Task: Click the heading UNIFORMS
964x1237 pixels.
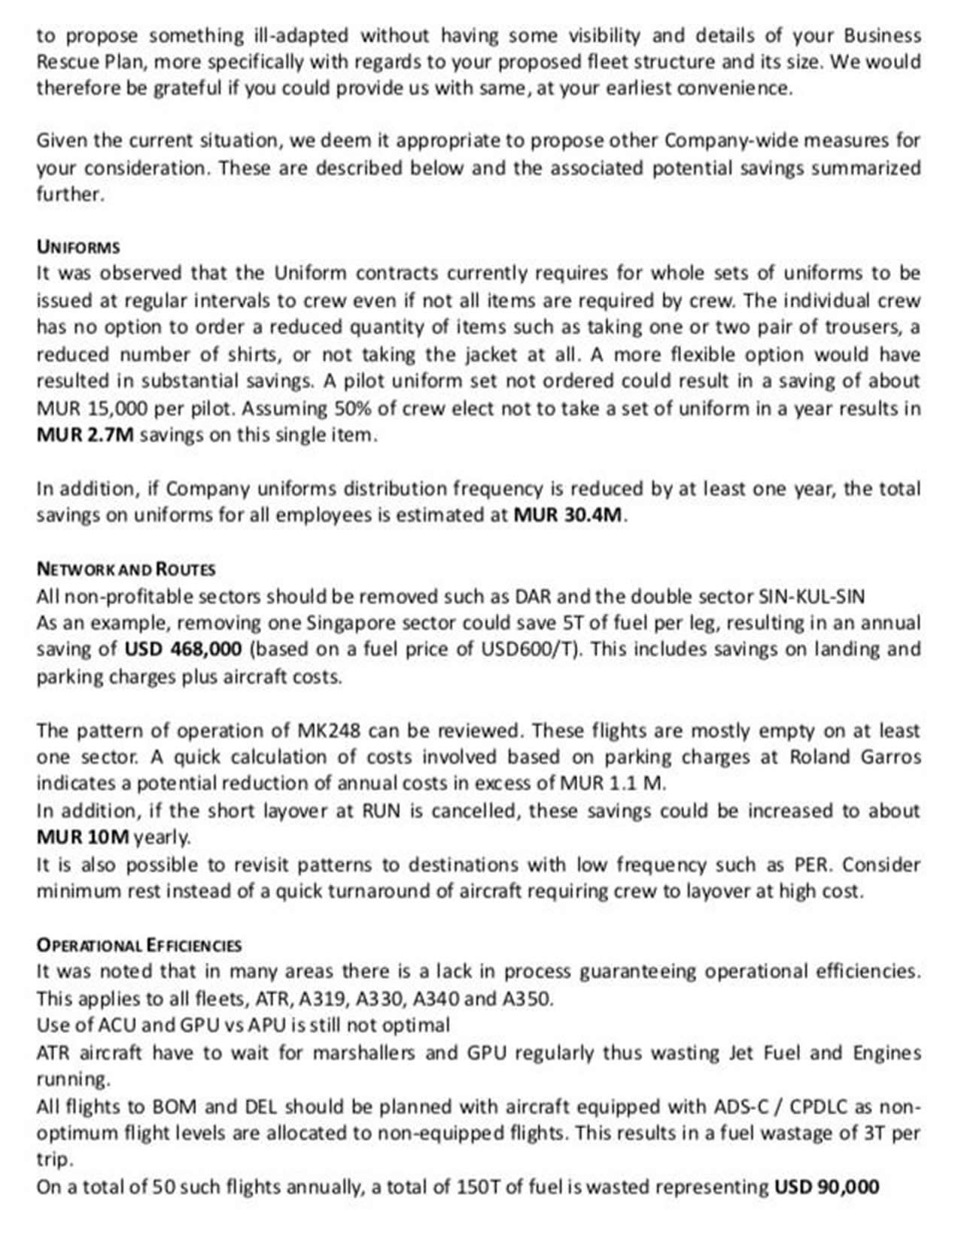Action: (x=78, y=247)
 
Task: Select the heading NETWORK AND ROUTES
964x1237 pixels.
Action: (x=126, y=569)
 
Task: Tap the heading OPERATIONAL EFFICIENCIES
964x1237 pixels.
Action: (x=139, y=945)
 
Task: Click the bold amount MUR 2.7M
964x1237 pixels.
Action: (x=85, y=435)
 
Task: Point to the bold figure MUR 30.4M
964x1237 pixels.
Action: (x=568, y=515)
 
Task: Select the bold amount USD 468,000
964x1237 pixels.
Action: (x=183, y=649)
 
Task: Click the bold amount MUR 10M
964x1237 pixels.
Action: (x=83, y=837)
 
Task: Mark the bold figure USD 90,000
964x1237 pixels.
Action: (x=826, y=1187)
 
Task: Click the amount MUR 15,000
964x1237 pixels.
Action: (x=90, y=409)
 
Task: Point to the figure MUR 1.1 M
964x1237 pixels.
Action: (x=613, y=783)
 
